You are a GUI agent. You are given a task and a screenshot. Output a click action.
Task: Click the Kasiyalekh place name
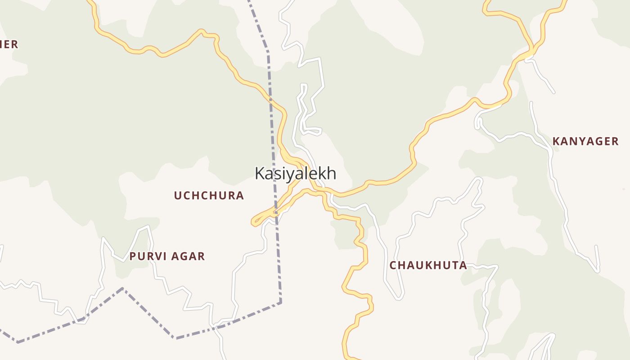[295, 173]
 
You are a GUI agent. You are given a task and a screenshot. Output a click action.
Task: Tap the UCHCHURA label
[209, 195]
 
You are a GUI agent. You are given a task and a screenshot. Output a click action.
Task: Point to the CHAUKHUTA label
[428, 265]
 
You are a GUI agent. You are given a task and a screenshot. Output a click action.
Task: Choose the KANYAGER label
[585, 141]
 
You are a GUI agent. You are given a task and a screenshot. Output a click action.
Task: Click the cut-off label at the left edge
[9, 44]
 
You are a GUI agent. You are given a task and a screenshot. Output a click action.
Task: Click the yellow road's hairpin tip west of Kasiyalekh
[253, 222]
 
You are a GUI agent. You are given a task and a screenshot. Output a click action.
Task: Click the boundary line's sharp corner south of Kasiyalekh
[280, 302]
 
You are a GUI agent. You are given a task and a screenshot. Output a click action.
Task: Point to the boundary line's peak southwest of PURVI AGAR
[122, 288]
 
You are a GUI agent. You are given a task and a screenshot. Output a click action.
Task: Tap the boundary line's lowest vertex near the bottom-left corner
[18, 342]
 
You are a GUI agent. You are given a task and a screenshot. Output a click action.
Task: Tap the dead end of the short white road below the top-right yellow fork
[553, 93]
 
